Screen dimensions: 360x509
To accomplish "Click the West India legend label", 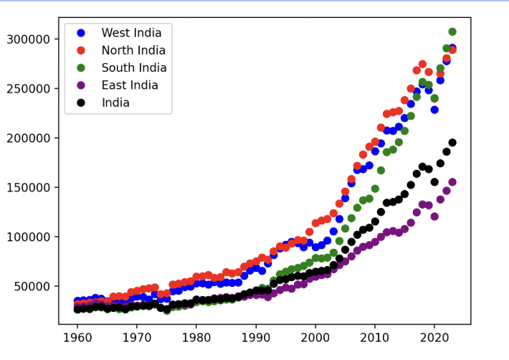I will pos(131,33).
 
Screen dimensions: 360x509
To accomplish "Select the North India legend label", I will pos(133,50).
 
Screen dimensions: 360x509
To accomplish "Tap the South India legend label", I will pos(134,68).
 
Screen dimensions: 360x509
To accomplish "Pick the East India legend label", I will pos(131,85).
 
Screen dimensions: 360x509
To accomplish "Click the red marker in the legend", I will pos(80,50).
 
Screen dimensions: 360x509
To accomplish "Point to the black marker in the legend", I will pos(80,103).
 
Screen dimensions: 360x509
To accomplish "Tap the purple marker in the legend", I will pos(80,85).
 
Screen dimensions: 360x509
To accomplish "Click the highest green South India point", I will pos(452,32).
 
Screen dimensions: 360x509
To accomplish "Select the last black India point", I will pos(452,143).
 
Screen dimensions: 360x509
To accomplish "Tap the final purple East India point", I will pos(452,182).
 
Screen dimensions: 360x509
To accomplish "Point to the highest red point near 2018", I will pos(422,65).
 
